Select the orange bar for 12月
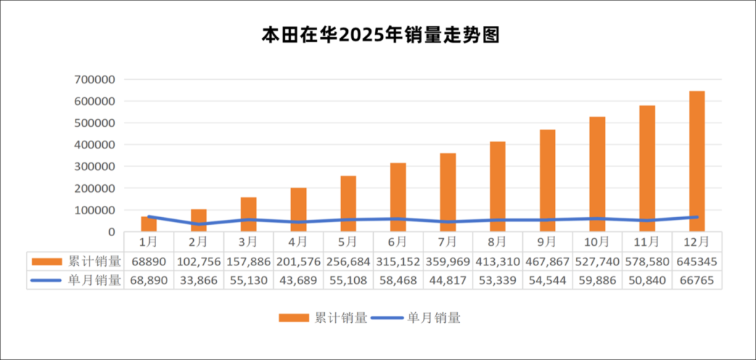point(696,161)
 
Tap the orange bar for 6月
point(398,198)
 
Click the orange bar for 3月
point(248,214)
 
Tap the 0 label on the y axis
point(111,232)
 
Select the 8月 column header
point(497,242)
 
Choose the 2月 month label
point(198,242)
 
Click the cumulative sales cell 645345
point(696,261)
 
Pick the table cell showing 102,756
point(198,261)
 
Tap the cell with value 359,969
point(447,261)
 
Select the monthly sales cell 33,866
point(198,280)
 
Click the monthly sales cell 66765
point(696,280)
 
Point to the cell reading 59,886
point(597,280)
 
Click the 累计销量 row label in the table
point(94,261)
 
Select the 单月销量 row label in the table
point(94,280)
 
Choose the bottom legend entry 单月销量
point(434,318)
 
